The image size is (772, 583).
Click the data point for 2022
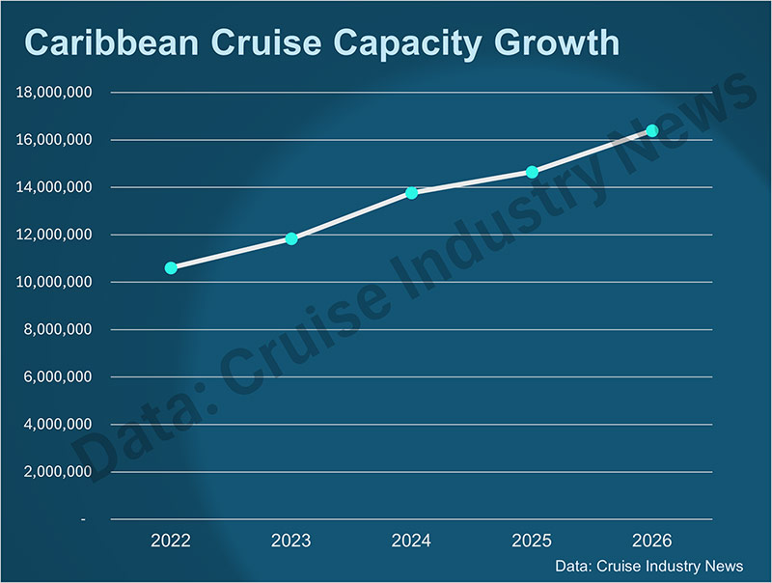coord(171,267)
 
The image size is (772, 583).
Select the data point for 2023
coord(291,238)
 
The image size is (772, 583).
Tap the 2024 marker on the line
coord(412,193)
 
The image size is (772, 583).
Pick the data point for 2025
coord(532,172)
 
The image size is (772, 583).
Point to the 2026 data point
coord(652,130)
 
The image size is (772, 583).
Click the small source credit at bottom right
coord(649,566)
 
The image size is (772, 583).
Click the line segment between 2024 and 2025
coord(472,182)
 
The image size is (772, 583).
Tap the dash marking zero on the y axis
coord(83,519)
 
